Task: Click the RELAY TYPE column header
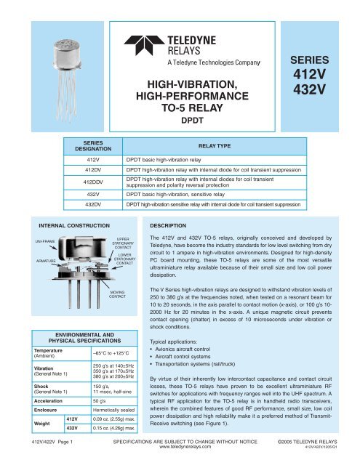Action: [232, 145]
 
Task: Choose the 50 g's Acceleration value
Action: [100, 400]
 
